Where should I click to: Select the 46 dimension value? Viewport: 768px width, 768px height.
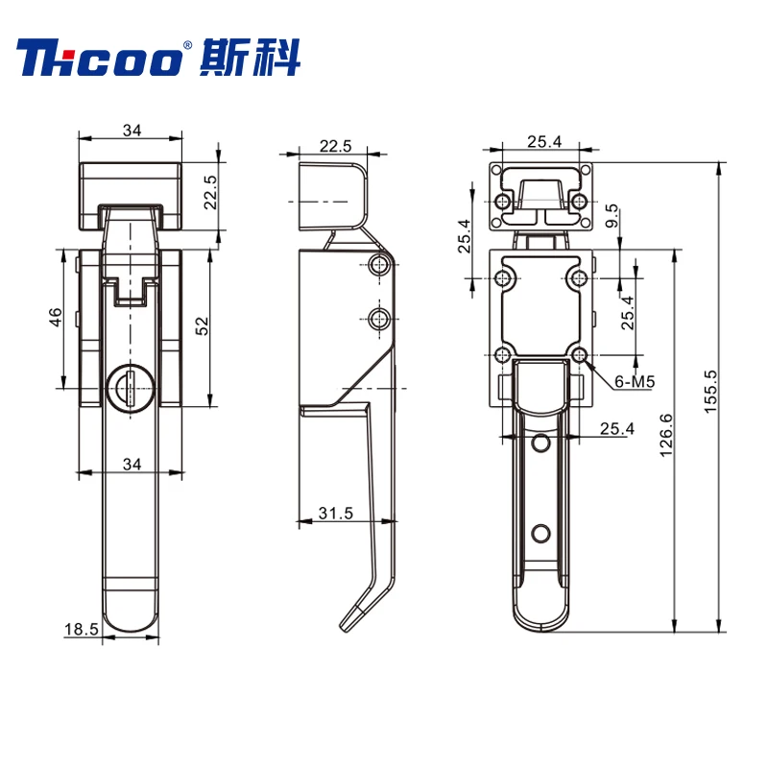[55, 318]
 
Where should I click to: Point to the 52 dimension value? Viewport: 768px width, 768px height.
[203, 326]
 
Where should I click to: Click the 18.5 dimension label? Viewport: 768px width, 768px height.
[82, 629]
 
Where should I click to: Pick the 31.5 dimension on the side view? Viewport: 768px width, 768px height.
[337, 514]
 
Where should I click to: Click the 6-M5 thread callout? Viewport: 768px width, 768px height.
[635, 382]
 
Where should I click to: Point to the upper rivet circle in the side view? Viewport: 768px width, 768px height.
[380, 266]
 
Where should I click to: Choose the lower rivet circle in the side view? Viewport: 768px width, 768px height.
[380, 318]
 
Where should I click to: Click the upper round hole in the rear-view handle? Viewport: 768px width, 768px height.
[541, 443]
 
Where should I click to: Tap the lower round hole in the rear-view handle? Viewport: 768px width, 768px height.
[541, 533]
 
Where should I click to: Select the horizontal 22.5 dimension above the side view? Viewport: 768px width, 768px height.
[336, 145]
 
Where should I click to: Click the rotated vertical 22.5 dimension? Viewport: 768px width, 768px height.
[210, 191]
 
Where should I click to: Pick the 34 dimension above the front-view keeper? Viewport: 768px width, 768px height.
[132, 131]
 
